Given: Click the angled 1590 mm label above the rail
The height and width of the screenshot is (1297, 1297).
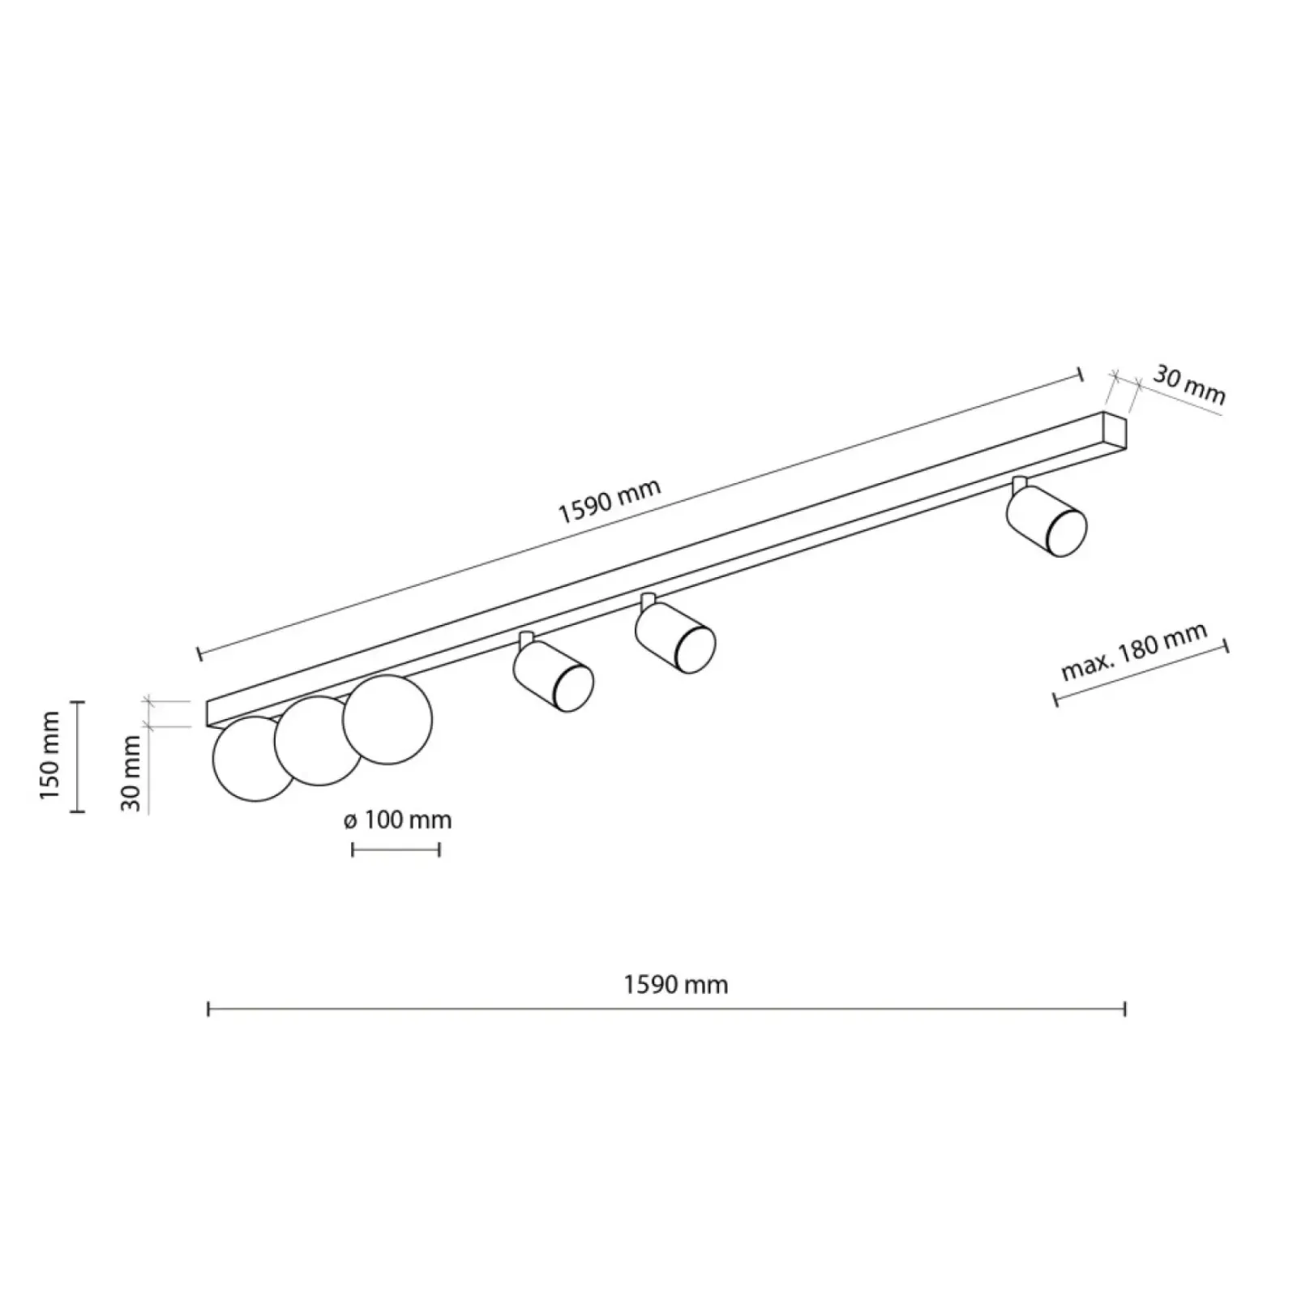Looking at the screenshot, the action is [x=610, y=502].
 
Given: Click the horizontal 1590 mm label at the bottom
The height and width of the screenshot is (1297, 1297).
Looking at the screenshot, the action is [x=676, y=984].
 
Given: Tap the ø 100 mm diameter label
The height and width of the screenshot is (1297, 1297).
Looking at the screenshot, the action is [x=397, y=820].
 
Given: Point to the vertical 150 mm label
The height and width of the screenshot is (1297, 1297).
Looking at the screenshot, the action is [x=50, y=756].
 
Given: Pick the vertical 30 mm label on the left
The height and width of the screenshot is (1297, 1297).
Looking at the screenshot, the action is [x=131, y=773].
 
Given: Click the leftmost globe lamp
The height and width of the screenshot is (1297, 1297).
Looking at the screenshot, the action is [x=253, y=759].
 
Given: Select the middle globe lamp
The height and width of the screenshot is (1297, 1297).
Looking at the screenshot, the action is [x=319, y=741].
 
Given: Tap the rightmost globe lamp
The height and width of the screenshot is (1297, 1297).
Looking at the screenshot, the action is [x=387, y=720].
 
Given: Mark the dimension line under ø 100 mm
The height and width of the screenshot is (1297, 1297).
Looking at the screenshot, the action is [x=396, y=850].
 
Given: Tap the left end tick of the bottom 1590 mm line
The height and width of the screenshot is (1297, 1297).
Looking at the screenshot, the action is [x=209, y=1009].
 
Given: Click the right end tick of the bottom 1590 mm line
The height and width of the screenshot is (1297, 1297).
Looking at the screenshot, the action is [x=1125, y=1009].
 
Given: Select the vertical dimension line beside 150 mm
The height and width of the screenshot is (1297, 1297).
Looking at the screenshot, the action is [x=78, y=756].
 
